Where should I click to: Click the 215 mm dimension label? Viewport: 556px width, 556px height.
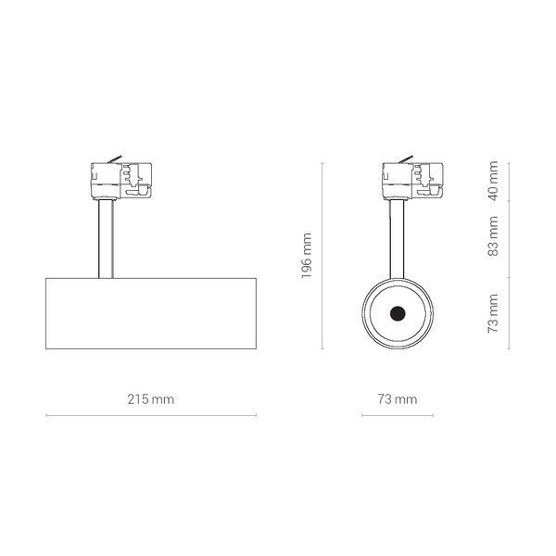coord(151,399)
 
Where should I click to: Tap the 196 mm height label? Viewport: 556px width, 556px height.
coord(306,256)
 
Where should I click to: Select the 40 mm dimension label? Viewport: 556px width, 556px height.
coord(493,181)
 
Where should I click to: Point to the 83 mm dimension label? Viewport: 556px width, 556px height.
coord(493,235)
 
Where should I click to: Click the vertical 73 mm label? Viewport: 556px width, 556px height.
coord(493,313)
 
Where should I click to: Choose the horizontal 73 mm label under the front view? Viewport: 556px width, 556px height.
coord(398,399)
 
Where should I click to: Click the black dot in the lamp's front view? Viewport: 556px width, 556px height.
coord(398,313)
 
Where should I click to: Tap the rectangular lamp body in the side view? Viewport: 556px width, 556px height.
coord(151,313)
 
